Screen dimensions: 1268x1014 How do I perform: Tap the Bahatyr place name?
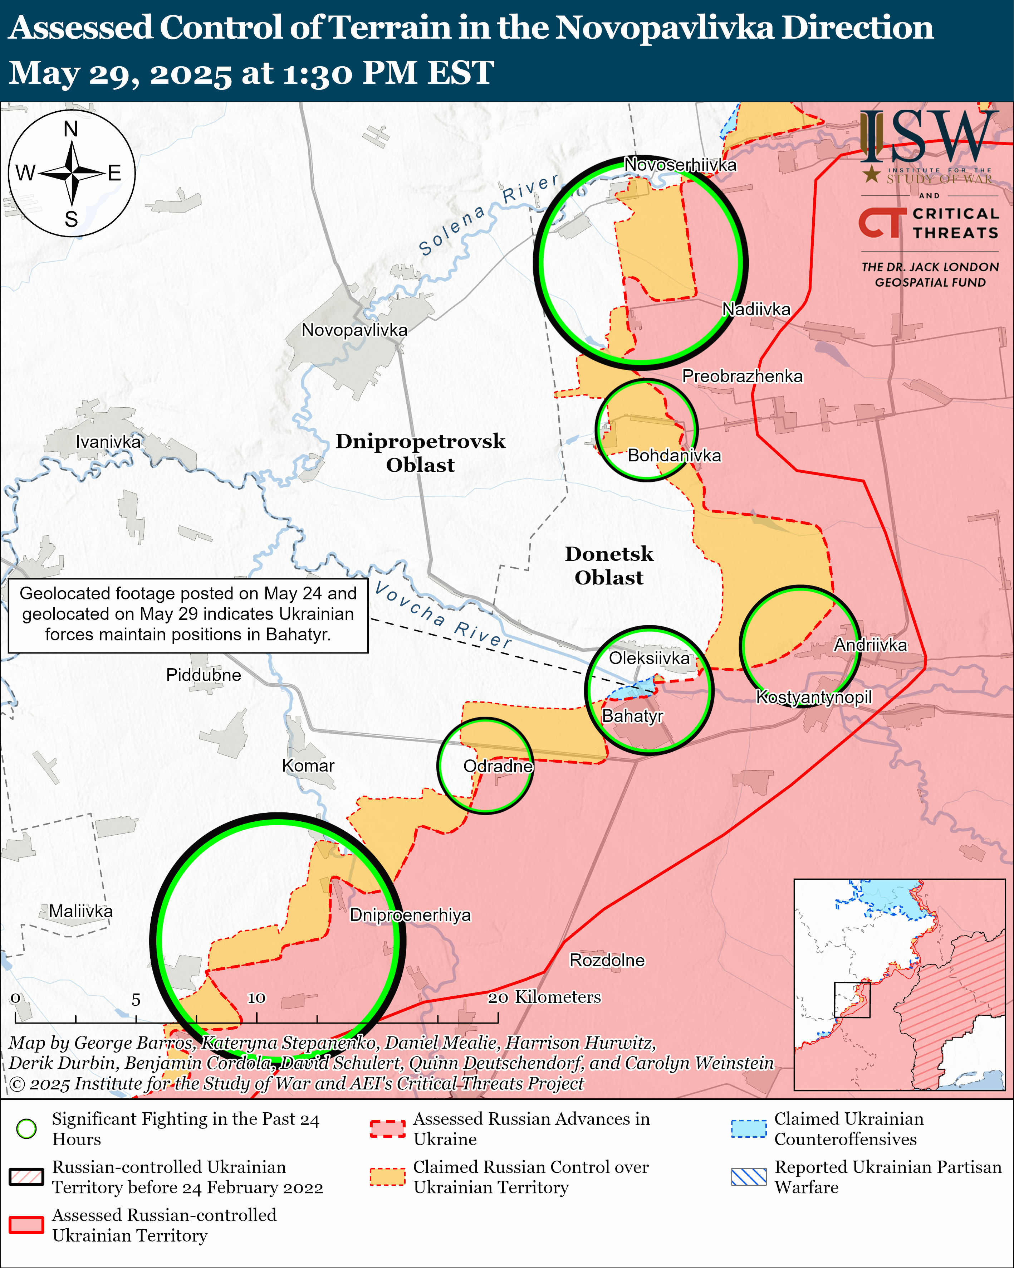(x=632, y=716)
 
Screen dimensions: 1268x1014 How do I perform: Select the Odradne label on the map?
(x=498, y=766)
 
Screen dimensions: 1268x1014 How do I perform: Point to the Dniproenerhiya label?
(x=410, y=915)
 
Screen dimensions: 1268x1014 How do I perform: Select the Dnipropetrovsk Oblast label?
(x=420, y=453)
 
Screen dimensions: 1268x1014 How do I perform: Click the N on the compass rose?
(x=71, y=129)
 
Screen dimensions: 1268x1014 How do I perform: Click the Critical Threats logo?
(x=929, y=223)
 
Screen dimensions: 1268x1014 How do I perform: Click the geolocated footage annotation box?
(x=188, y=614)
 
